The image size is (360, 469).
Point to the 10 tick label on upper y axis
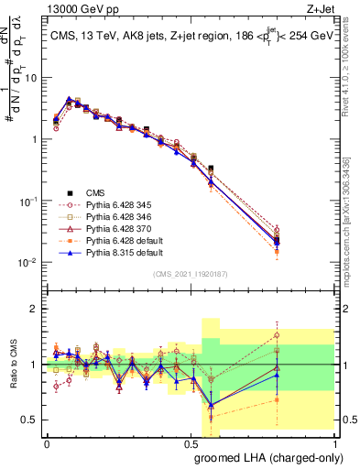(x=32, y=78)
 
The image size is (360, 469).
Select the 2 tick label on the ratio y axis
(x=35, y=309)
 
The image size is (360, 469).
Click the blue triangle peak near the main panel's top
(x=70, y=99)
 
